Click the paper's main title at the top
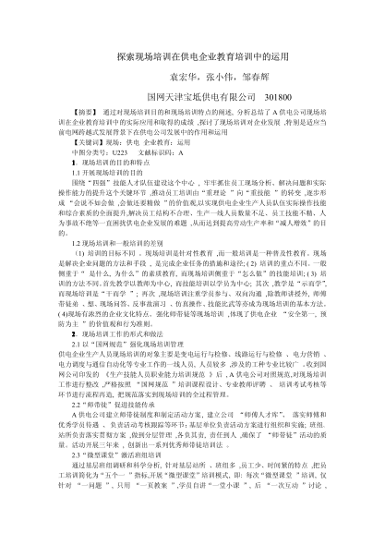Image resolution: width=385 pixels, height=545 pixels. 192,56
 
